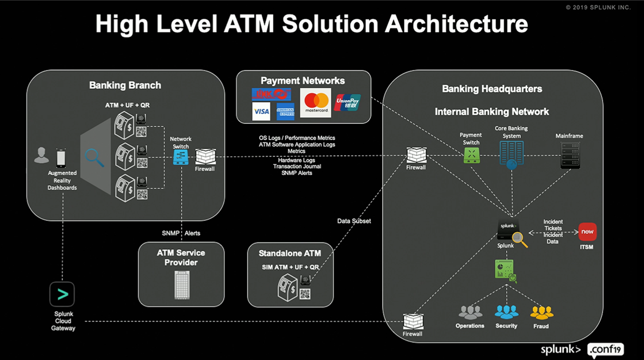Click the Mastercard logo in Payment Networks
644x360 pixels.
click(315, 102)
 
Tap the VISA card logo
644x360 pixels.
click(261, 112)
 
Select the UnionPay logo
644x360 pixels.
click(347, 102)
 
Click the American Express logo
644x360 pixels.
click(285, 112)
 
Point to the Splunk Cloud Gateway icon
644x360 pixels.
click(62, 294)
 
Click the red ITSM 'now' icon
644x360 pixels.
click(587, 232)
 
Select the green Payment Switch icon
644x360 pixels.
click(472, 156)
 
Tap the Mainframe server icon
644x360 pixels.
click(570, 155)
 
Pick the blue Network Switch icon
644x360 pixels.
click(181, 157)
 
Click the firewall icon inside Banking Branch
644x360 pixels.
click(205, 157)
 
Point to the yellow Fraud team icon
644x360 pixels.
click(541, 313)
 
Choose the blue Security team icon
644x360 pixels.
click(506, 312)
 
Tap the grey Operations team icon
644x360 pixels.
click(470, 312)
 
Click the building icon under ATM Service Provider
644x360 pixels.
click(182, 285)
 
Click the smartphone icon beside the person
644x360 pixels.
click(61, 158)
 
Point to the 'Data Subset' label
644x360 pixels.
click(354, 221)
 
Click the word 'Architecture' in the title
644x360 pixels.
click(456, 24)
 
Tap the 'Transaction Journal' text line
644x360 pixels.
click(297, 167)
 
